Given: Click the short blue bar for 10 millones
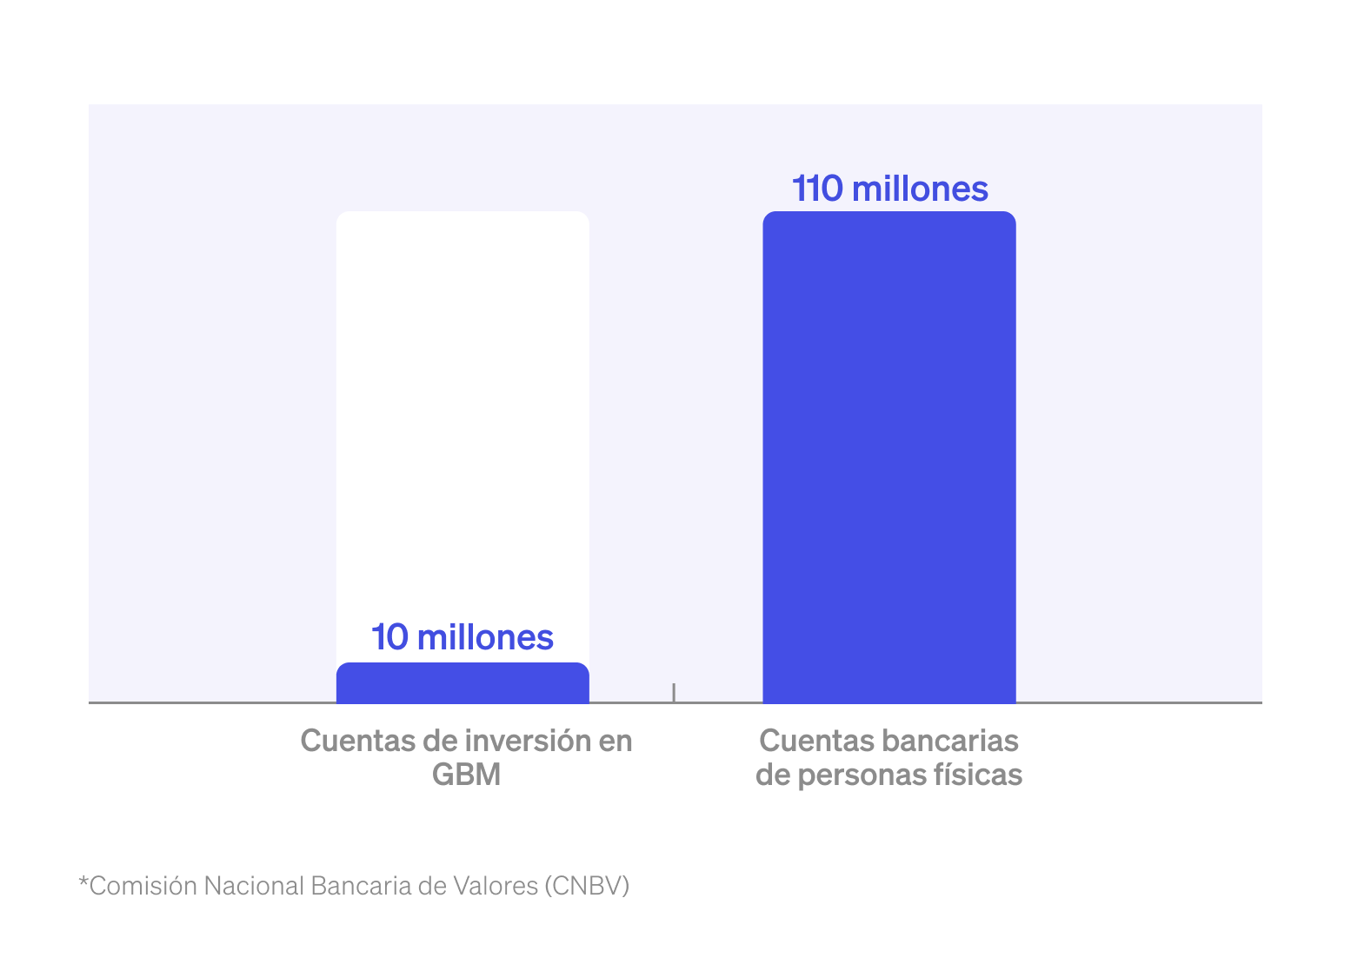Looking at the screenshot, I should coord(463,683).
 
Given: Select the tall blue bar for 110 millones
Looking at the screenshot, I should coord(889,457).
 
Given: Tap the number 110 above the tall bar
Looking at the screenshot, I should coord(817,189).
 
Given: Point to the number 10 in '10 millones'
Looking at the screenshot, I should coord(389,637).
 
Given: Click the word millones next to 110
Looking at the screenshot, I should coord(920,189).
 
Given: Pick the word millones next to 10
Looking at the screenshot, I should coord(485,637).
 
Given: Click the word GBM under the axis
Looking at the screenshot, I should coord(466,774).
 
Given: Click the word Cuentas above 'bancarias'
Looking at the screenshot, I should coord(815,741).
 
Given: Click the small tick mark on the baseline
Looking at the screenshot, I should coord(674,692).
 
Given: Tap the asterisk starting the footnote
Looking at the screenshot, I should coord(83,882).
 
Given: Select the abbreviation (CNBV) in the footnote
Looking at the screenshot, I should coord(588,886).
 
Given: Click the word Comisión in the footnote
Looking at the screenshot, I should coord(143,886).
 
